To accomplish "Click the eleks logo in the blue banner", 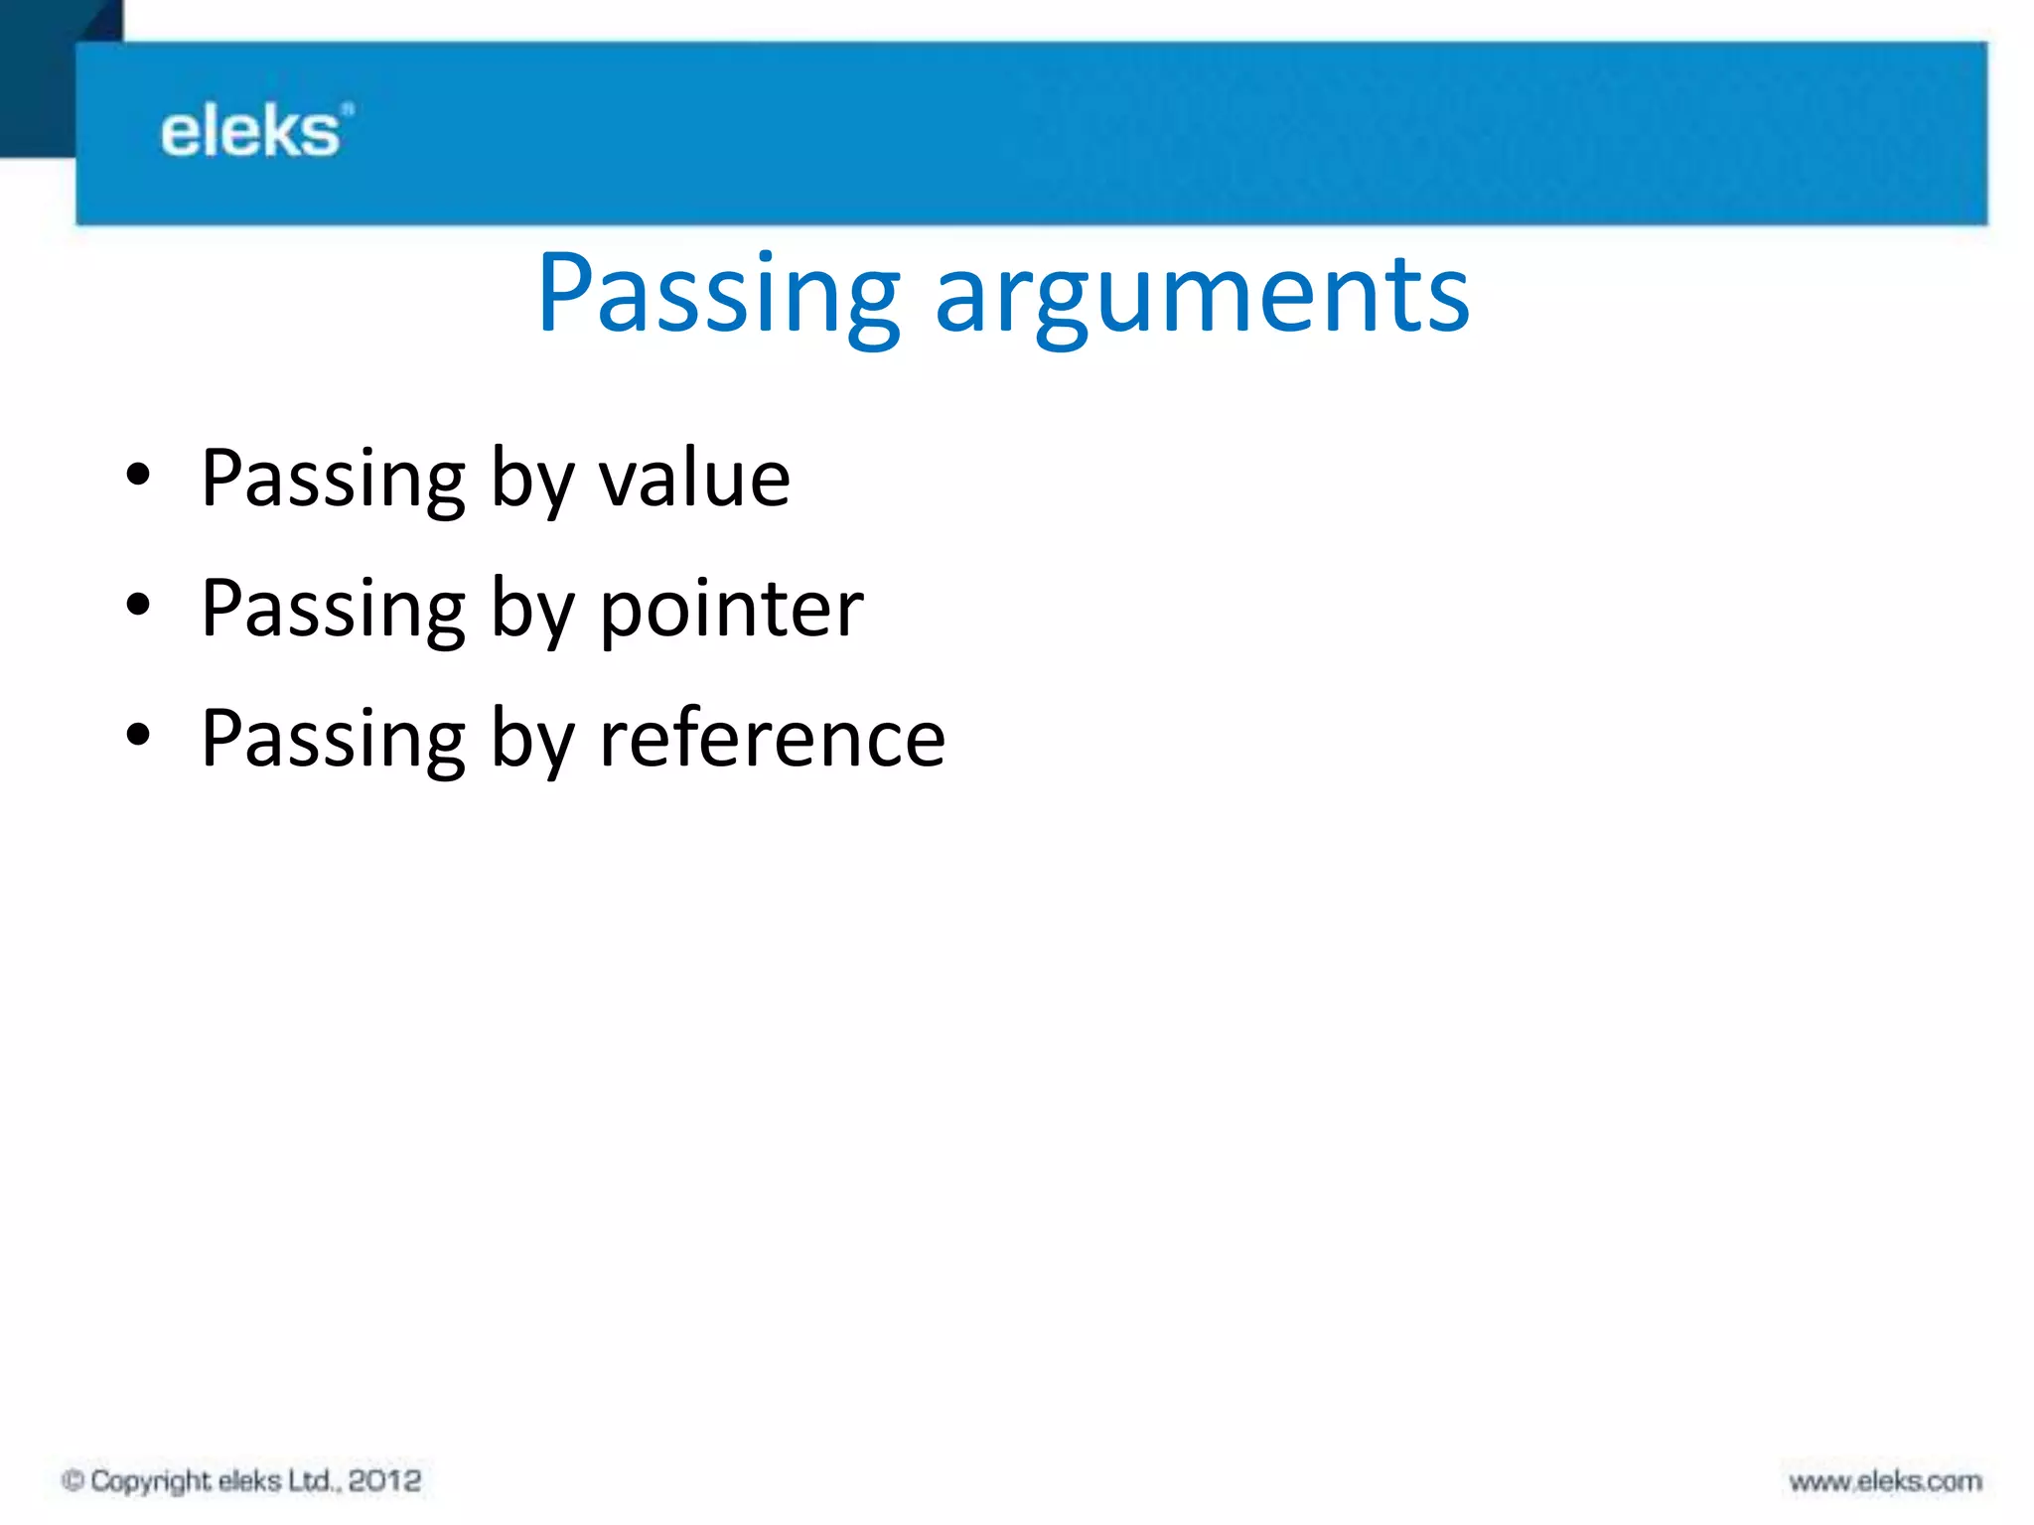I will point(254,132).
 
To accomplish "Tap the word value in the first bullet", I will point(694,479).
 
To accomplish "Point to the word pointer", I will point(732,609).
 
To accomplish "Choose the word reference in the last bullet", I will point(772,739).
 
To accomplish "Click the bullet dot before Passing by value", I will point(138,476).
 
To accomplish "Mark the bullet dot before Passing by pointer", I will point(138,606).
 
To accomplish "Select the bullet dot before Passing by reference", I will point(138,736).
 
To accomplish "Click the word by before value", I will point(532,481).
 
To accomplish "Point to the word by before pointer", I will point(532,611).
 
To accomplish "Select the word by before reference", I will point(532,741).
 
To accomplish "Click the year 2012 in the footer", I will point(384,1481).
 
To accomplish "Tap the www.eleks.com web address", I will point(1885,1482).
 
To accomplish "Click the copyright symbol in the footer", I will point(73,1481).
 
